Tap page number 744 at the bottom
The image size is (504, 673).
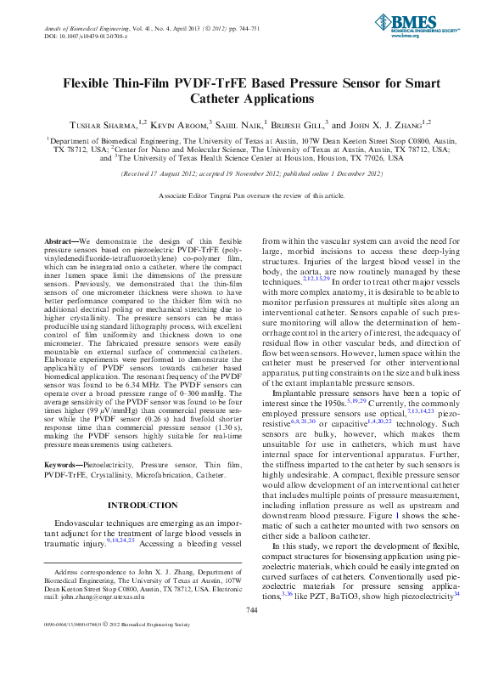(251, 633)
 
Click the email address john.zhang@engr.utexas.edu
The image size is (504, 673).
(98, 619)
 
